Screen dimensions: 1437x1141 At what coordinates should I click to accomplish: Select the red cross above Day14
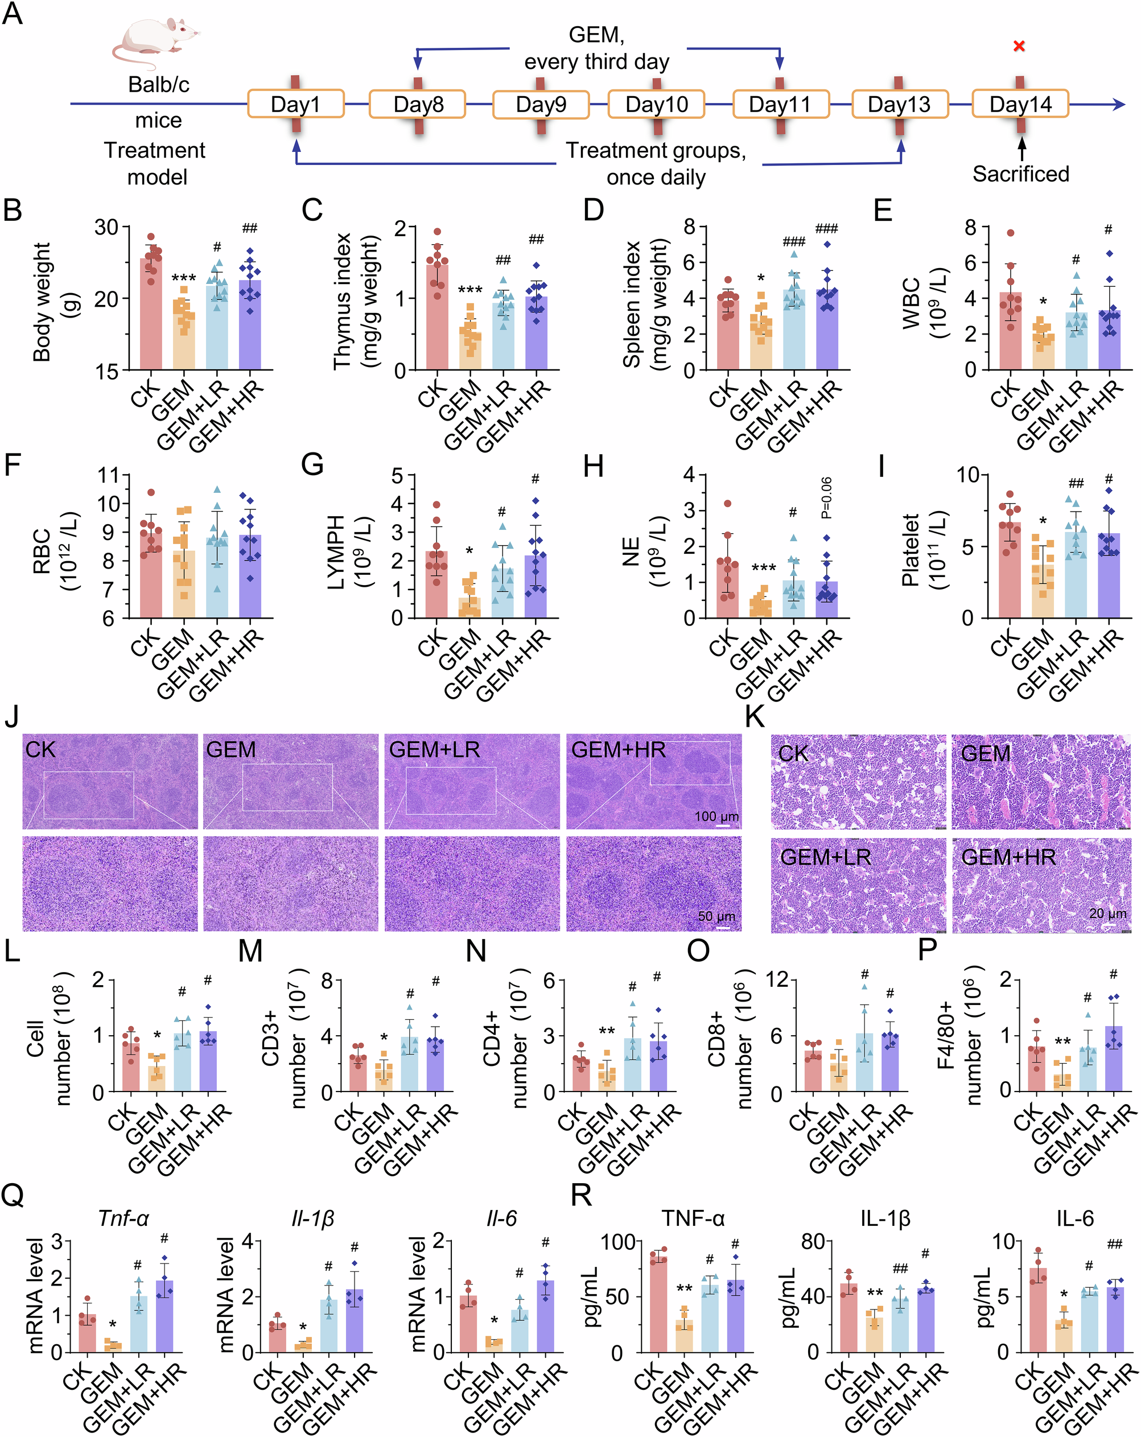1019,46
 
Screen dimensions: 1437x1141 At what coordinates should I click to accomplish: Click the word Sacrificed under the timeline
1020,174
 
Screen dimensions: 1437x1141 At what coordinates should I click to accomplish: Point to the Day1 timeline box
295,105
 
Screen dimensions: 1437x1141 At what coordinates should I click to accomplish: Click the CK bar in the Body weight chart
151,313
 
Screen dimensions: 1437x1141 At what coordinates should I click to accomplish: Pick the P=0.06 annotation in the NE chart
826,498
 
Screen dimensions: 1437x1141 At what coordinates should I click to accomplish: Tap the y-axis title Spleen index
631,303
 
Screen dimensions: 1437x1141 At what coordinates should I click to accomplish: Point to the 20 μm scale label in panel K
1107,913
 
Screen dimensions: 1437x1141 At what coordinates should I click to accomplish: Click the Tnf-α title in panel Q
123,1218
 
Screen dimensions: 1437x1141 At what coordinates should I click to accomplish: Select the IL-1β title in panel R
884,1218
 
